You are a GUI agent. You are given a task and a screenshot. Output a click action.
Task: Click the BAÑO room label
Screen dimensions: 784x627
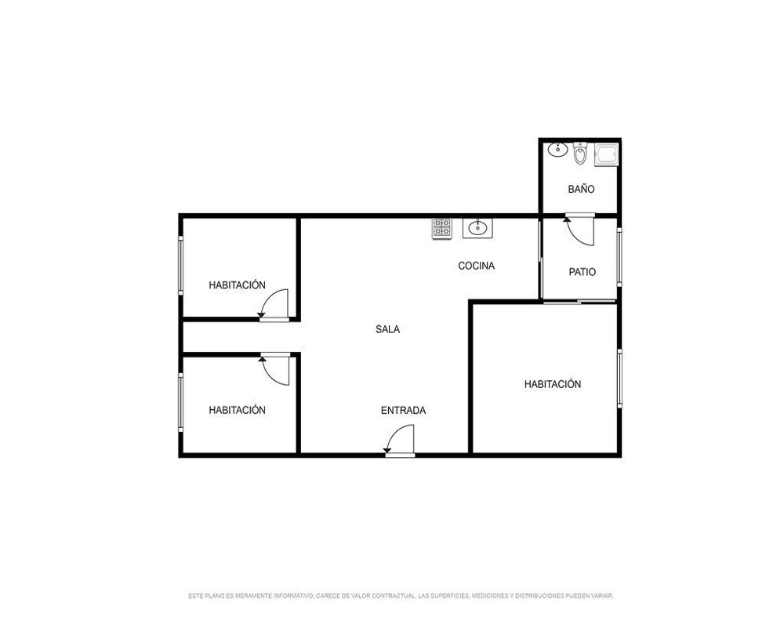[581, 189]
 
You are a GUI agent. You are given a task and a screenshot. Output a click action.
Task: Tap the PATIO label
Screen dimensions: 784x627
[582, 272]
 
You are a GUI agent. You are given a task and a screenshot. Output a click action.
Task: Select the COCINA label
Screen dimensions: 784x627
[476, 266]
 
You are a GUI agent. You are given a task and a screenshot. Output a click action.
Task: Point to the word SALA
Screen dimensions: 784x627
[387, 329]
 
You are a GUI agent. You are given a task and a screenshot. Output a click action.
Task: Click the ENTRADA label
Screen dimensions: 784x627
[403, 411]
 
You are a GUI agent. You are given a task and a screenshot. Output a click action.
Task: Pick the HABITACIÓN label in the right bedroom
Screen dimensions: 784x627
[553, 384]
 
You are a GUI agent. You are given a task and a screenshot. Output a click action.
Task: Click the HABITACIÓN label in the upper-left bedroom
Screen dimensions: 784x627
[237, 285]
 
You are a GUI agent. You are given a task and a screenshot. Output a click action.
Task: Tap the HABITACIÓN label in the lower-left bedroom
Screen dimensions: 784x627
[237, 410]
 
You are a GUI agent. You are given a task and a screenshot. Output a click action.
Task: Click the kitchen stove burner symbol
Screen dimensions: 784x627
[441, 228]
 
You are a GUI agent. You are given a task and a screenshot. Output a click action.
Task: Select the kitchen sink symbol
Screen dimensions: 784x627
[477, 228]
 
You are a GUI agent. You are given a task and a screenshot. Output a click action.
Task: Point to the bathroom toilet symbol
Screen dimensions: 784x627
[579, 154]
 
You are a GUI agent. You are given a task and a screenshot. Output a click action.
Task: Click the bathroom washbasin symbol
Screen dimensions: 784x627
[557, 150]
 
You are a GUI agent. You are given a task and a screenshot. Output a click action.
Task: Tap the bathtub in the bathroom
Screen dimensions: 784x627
[607, 154]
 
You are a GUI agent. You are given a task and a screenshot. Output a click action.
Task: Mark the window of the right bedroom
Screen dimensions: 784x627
[619, 379]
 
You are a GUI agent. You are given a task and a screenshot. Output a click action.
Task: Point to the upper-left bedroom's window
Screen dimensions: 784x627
[181, 265]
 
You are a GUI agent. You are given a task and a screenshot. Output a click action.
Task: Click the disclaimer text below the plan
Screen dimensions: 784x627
[401, 596]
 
